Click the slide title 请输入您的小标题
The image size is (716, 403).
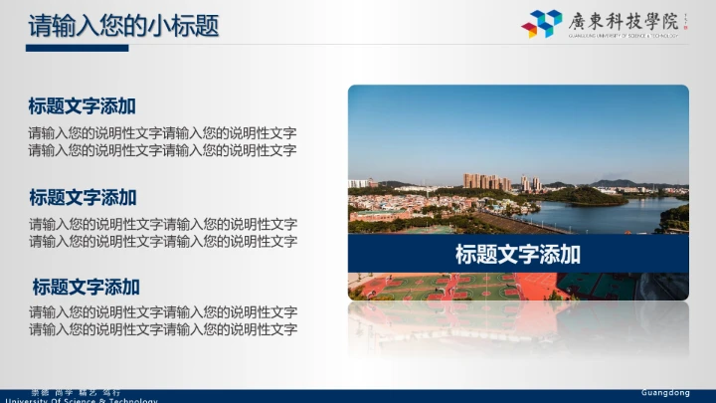[x=123, y=26]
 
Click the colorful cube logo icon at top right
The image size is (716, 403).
[x=542, y=23]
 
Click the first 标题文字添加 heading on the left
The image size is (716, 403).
[x=83, y=106]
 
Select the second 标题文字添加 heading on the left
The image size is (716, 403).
[x=83, y=197]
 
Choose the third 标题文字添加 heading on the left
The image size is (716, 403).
[x=86, y=288]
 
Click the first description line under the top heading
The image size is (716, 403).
[x=162, y=133]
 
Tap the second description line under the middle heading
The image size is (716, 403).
[x=162, y=242]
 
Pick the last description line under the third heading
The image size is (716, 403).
[x=162, y=329]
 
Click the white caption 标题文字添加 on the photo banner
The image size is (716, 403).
[x=517, y=254]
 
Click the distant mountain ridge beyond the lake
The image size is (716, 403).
[x=617, y=183]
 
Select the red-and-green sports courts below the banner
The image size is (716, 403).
[x=447, y=287]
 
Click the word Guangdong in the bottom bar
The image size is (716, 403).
[x=665, y=393]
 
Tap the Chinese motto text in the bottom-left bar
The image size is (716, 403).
[x=76, y=393]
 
